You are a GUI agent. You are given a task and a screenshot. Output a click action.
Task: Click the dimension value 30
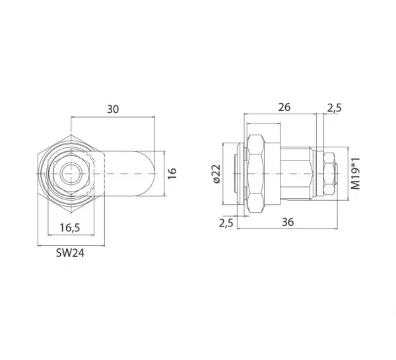113,109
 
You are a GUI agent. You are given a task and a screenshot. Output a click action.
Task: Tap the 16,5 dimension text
70,227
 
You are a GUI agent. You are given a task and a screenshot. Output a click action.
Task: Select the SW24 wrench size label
70,253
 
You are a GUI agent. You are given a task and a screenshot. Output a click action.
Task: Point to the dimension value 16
172,174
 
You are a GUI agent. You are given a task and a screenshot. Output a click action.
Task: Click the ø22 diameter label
216,174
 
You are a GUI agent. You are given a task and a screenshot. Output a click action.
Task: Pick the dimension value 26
284,107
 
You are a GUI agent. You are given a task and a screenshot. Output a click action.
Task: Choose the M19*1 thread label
356,174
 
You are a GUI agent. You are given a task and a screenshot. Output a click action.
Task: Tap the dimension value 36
288,222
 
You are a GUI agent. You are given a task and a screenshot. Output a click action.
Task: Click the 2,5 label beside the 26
335,108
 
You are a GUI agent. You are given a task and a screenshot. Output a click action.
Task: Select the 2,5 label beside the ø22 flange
226,223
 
